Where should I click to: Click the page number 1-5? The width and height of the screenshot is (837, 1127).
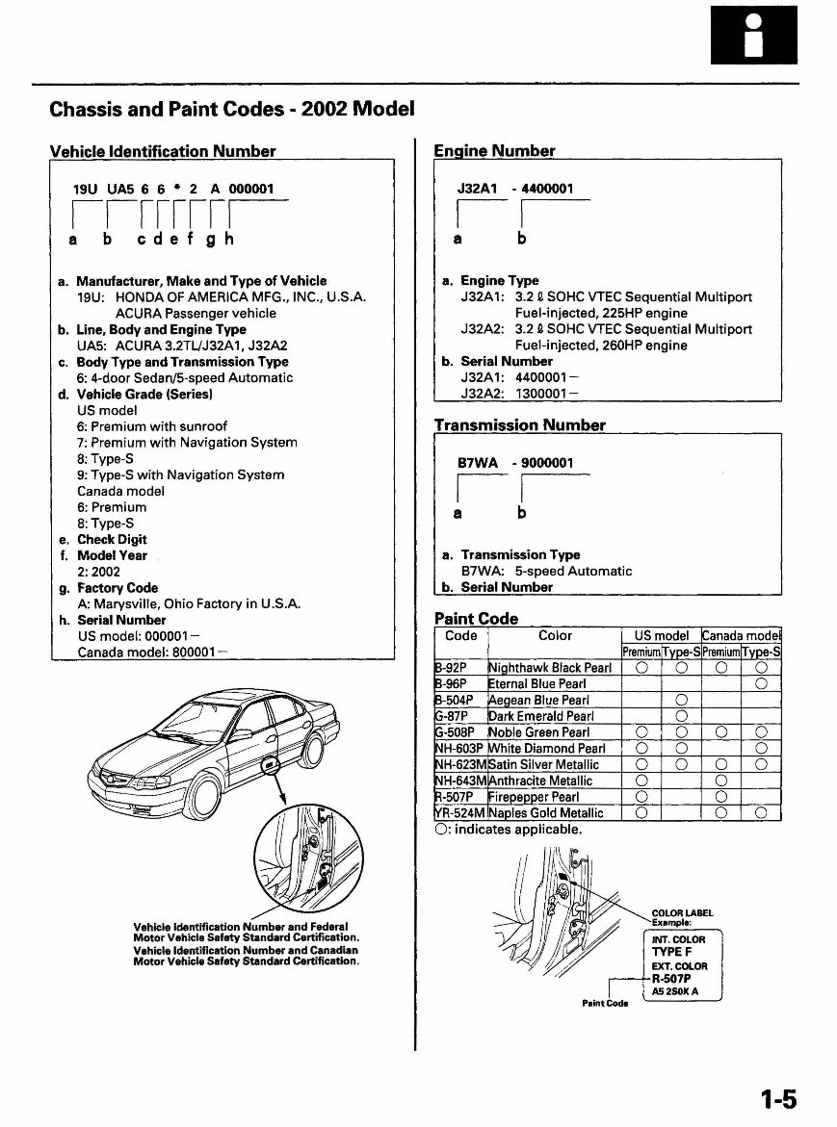[x=778, y=1098]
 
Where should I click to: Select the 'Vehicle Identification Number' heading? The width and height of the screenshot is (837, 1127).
[x=162, y=151]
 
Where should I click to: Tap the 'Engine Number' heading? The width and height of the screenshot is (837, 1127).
[x=494, y=151]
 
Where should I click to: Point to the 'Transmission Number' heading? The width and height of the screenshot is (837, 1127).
[x=519, y=424]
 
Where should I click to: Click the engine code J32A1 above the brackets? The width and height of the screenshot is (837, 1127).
[x=476, y=190]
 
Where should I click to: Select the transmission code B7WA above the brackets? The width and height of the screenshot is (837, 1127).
[x=478, y=463]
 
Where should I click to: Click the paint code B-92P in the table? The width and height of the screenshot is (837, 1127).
[x=452, y=668]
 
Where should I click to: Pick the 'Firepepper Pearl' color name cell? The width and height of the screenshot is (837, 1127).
[x=534, y=797]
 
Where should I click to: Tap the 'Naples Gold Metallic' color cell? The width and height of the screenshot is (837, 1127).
[x=546, y=813]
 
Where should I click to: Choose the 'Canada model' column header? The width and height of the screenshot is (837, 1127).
[x=741, y=635]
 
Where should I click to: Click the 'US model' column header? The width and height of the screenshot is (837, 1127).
[x=662, y=635]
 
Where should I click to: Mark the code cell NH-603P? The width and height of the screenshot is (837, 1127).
[x=460, y=748]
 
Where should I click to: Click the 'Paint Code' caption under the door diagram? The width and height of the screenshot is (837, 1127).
[x=606, y=1004]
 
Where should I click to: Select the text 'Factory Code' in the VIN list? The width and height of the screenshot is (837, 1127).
[x=118, y=588]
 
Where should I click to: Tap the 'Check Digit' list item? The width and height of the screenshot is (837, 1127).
[x=112, y=540]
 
